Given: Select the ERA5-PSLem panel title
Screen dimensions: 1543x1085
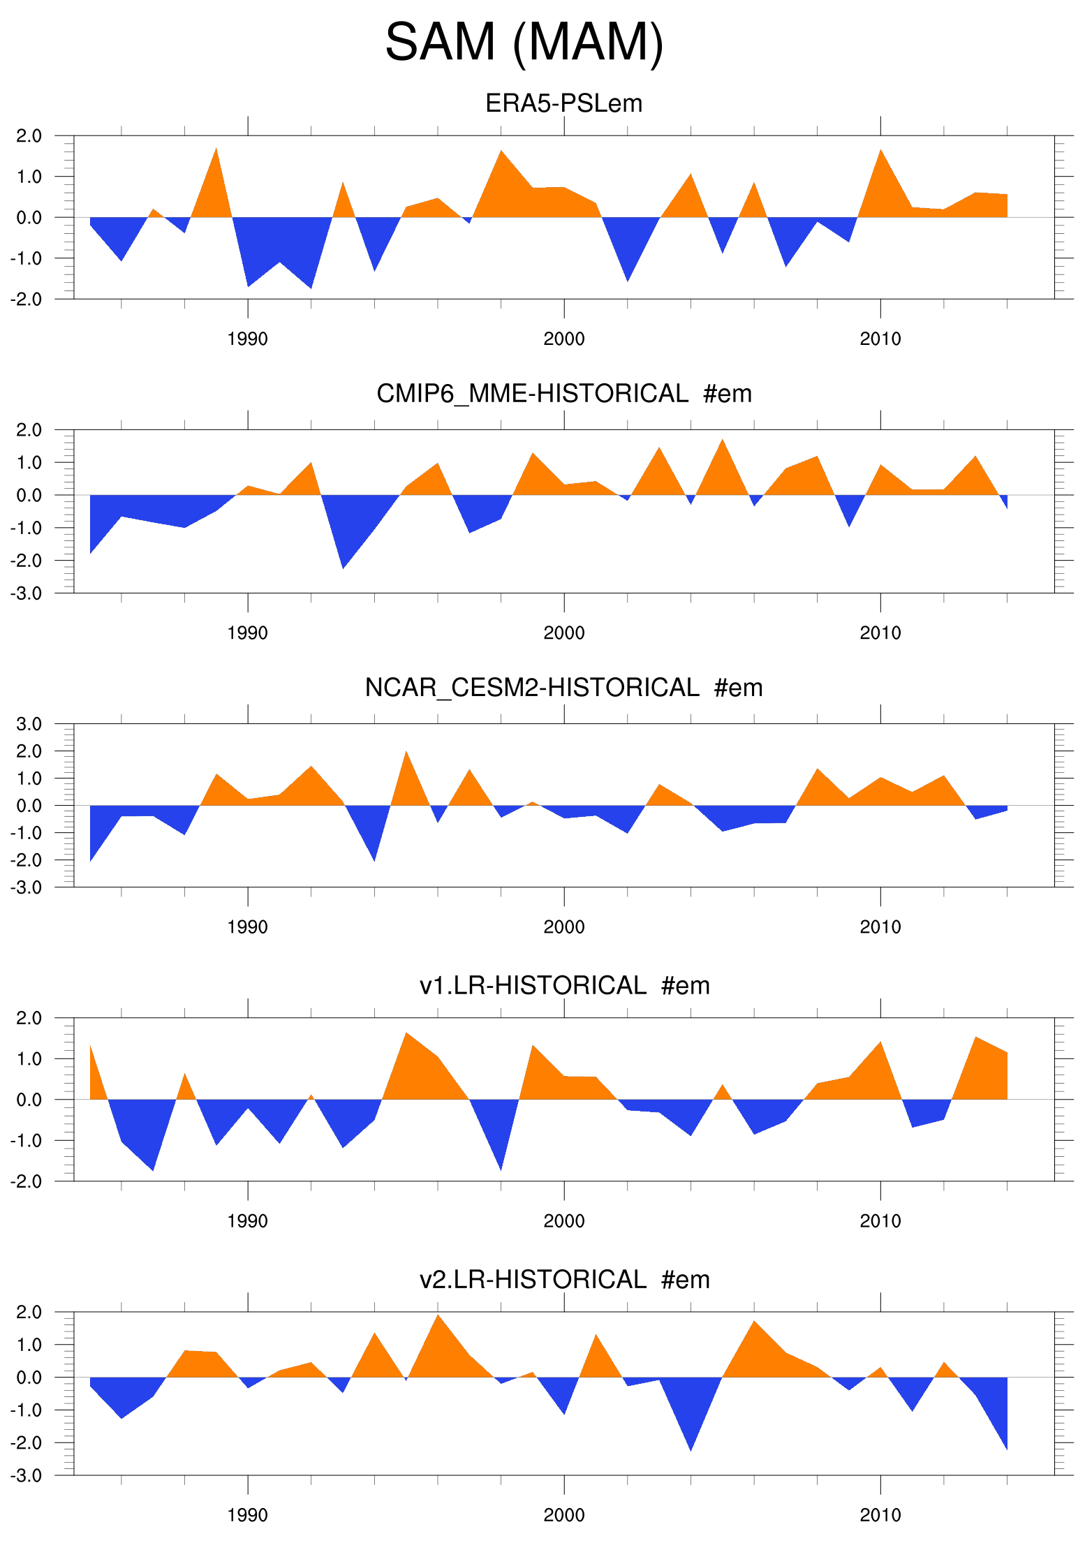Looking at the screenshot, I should tap(563, 103).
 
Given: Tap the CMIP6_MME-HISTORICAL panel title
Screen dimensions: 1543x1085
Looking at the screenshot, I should tap(563, 394).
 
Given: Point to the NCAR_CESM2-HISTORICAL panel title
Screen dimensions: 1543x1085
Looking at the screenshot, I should tap(563, 688).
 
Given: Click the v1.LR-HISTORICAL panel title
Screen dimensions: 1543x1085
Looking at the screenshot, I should tap(563, 985).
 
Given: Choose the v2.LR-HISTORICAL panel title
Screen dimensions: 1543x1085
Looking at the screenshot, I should tap(563, 1279).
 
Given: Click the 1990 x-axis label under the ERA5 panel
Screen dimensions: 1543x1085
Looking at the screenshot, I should tap(247, 339).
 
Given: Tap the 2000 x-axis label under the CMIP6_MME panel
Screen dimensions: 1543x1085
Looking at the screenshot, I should tap(563, 633).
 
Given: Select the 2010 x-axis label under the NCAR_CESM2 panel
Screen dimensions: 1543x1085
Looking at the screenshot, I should tap(880, 927).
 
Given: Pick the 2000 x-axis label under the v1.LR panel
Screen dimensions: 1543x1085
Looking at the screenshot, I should tap(563, 1221).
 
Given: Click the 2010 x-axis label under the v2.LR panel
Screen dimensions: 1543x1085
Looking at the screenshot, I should tap(880, 1515).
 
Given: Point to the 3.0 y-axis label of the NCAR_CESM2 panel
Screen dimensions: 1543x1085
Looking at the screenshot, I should tap(29, 724).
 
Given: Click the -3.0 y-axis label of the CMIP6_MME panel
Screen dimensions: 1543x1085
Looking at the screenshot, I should tap(26, 593).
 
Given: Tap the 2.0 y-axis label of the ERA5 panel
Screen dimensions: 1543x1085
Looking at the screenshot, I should tap(29, 136).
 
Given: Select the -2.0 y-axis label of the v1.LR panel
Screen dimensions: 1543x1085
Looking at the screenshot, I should tap(26, 1181).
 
